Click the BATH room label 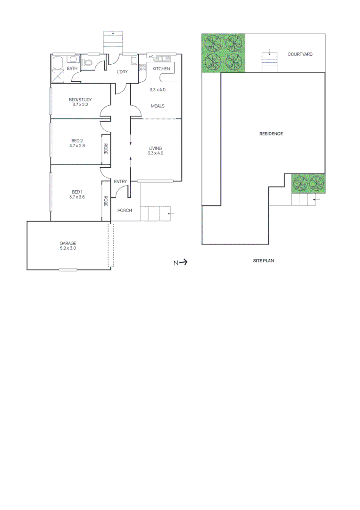pyautogui.click(x=72, y=69)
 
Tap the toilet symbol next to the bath pyautogui.click(x=88, y=62)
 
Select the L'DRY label pyautogui.click(x=122, y=72)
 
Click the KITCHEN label pyautogui.click(x=161, y=69)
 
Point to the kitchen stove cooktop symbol pyautogui.click(x=142, y=68)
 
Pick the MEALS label pyautogui.click(x=158, y=106)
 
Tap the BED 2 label pyautogui.click(x=77, y=141)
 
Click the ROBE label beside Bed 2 pyautogui.click(x=106, y=149)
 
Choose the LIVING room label pyautogui.click(x=155, y=148)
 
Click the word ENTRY pyautogui.click(x=120, y=181)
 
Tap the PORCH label pyautogui.click(x=125, y=210)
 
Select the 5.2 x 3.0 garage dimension pyautogui.click(x=67, y=248)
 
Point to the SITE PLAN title pyautogui.click(x=263, y=260)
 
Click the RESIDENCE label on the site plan pyautogui.click(x=271, y=134)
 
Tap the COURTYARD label pyautogui.click(x=300, y=54)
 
